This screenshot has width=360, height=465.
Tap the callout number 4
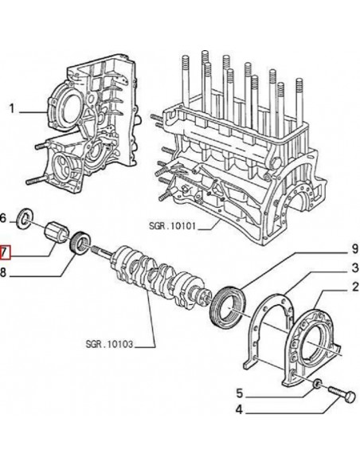(238, 412)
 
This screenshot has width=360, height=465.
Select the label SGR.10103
(108, 345)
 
